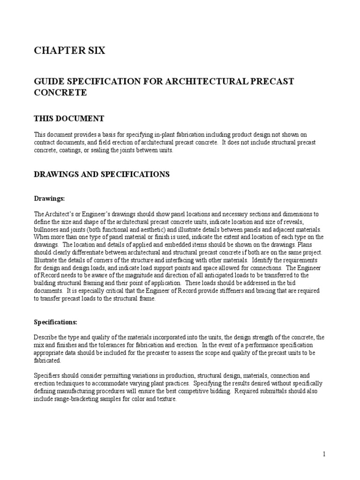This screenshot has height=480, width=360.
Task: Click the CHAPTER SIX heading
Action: coord(69,51)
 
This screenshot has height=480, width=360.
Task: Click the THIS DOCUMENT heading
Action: coord(69,118)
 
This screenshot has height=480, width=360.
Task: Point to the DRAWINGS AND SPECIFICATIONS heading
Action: coord(101,174)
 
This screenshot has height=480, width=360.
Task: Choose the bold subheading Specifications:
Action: coord(56,322)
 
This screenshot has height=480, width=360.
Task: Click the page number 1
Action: coord(324,454)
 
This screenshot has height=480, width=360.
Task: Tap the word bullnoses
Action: coord(47,230)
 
